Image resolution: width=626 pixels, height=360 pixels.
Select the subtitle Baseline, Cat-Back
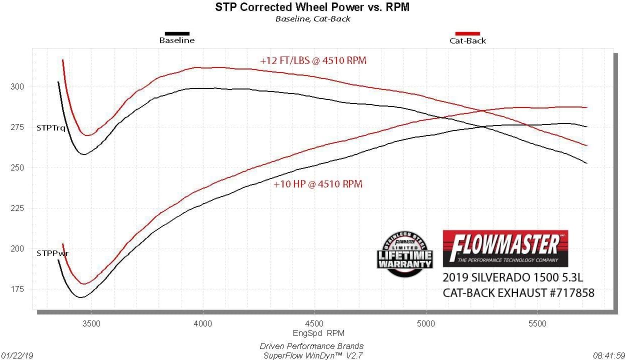(x=312, y=19)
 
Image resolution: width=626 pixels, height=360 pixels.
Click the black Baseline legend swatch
(x=177, y=33)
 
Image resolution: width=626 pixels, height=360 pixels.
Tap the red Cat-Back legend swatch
(x=467, y=34)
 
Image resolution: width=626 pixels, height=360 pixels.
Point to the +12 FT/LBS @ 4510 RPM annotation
(x=313, y=60)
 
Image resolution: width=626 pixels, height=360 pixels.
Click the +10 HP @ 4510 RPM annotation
(x=318, y=184)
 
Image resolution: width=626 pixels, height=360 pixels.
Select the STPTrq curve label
(x=50, y=127)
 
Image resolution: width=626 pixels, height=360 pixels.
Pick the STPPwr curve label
(x=52, y=253)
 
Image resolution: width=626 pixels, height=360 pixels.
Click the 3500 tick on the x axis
(x=91, y=323)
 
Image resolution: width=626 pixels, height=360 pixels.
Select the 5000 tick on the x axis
(x=426, y=323)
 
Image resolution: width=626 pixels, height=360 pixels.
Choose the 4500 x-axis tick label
(x=314, y=323)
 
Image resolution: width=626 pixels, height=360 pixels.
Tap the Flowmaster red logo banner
(x=505, y=248)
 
